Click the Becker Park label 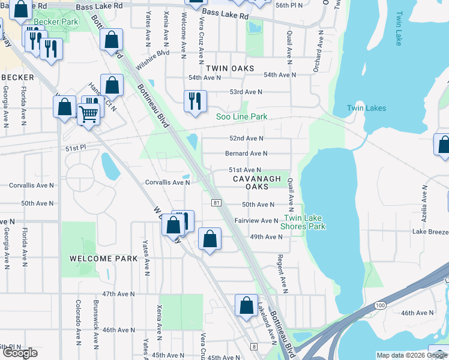[56, 22]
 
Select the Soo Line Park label [241, 116]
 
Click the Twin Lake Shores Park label [303, 222]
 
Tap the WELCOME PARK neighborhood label [103, 259]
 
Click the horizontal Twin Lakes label [366, 109]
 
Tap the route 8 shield [254, 347]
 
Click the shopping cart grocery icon [89, 112]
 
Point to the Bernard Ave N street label [246, 154]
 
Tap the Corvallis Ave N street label [167, 182]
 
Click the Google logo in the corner [20, 353]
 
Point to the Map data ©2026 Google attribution [411, 355]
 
